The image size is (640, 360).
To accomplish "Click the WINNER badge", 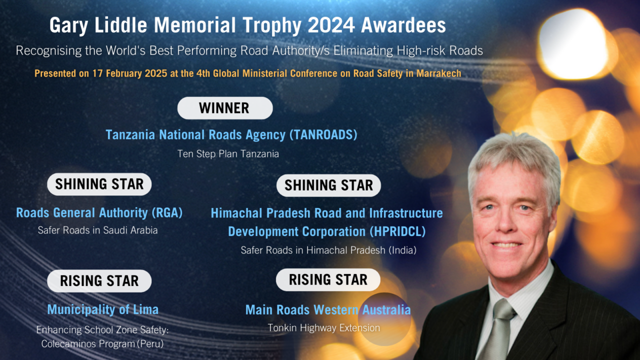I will pyautogui.click(x=224, y=108).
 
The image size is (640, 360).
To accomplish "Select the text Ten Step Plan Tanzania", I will pyautogui.click(x=228, y=154).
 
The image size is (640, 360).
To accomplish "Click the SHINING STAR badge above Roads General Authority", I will pyautogui.click(x=99, y=184).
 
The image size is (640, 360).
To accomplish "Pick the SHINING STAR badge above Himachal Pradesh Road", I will pyautogui.click(x=328, y=186).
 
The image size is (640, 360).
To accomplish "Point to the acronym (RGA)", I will pyautogui.click(x=167, y=213).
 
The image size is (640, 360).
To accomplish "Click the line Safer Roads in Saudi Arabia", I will pyautogui.click(x=98, y=230).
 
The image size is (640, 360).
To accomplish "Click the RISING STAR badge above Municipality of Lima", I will pyautogui.click(x=99, y=281).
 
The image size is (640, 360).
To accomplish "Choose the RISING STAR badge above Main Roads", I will pyautogui.click(x=328, y=280).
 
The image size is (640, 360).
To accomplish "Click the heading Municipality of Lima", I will pyautogui.click(x=102, y=310).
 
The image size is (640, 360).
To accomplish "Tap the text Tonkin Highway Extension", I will pyautogui.click(x=323, y=328).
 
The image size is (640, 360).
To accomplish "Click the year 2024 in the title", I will pyautogui.click(x=340, y=25).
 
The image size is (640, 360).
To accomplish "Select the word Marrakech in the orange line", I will pyautogui.click(x=436, y=73).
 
